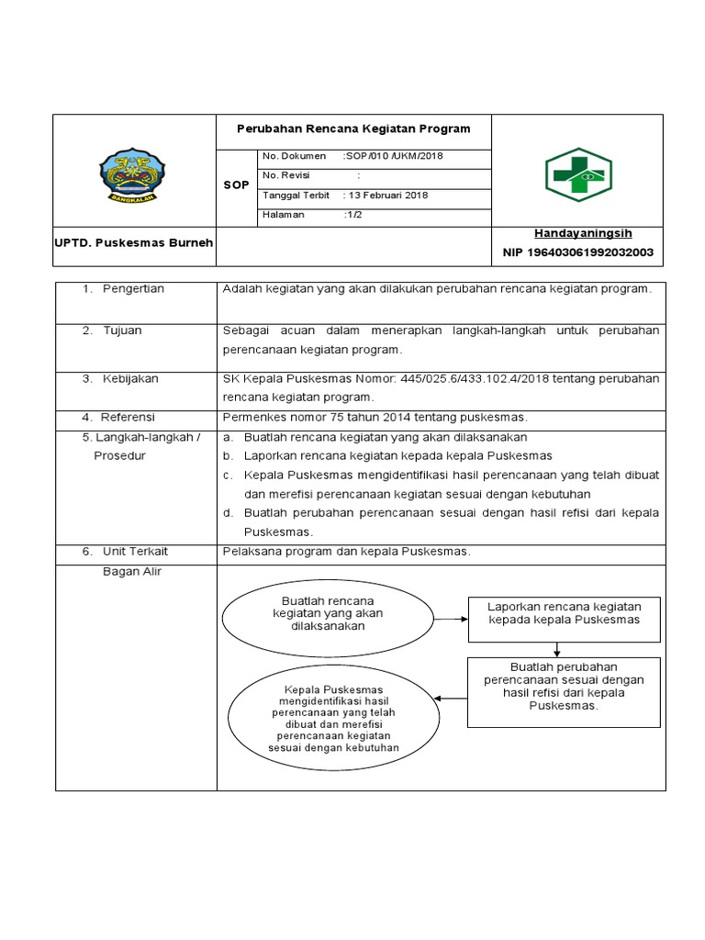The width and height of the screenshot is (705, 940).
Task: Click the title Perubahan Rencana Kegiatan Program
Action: pos(353,129)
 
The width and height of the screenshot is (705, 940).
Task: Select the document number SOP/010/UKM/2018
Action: pos(393,156)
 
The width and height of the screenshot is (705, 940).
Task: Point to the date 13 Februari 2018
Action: pos(386,196)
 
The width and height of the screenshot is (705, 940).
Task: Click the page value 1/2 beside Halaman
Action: pos(352,215)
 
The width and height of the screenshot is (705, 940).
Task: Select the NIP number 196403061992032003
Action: pos(577,252)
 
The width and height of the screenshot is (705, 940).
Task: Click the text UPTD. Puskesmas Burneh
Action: pos(134,242)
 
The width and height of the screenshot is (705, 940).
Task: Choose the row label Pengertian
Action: pos(133,289)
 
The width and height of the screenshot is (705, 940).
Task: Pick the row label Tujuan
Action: pos(122,330)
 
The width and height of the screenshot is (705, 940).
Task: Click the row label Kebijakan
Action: pos(132,378)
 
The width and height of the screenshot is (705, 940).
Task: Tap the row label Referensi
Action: pos(128,417)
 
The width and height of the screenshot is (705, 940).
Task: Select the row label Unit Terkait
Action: pos(135,552)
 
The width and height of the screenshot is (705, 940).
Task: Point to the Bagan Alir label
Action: pos(133,572)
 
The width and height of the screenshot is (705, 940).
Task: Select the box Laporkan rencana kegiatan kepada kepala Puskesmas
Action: pos(564,620)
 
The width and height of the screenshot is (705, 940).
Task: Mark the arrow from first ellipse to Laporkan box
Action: pos(451,620)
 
